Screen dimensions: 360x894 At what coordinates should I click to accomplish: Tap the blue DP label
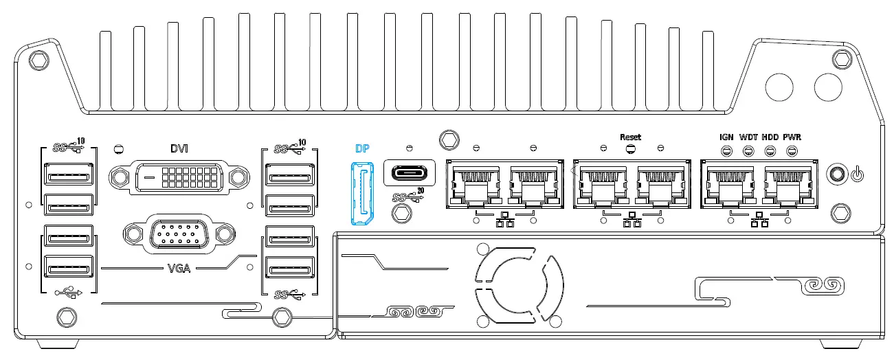click(x=362, y=148)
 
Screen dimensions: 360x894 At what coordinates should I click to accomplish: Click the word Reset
click(x=630, y=137)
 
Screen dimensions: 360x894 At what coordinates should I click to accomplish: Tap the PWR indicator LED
click(x=792, y=150)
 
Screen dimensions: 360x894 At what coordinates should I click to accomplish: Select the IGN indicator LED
click(x=726, y=150)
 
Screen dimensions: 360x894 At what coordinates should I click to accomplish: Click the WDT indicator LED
click(x=748, y=150)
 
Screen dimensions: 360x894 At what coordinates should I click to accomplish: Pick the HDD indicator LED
click(x=770, y=150)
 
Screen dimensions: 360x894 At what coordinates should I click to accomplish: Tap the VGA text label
click(x=179, y=267)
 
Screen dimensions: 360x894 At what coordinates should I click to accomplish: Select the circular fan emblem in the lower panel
click(x=518, y=282)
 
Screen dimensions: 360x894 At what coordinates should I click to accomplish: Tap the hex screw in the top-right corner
click(x=840, y=59)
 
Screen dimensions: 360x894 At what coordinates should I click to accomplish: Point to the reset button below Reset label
click(x=631, y=148)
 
